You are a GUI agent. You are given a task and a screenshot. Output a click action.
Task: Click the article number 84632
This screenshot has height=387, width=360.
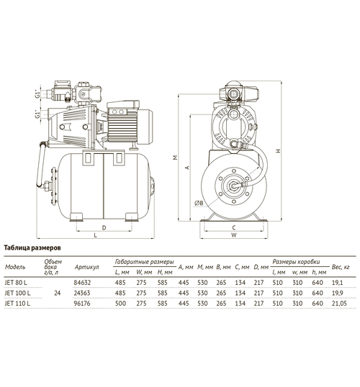pos(82,283)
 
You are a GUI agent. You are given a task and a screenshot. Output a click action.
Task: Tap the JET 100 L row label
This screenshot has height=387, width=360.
pos(17,293)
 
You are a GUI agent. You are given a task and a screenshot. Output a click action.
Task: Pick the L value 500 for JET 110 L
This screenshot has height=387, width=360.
pos(120,304)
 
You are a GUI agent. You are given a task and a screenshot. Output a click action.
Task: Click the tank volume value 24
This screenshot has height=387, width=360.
pos(58,293)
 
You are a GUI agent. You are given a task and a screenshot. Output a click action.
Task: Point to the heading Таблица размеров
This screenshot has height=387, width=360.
pos(32,247)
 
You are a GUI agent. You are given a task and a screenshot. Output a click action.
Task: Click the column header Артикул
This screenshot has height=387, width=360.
pos(86,267)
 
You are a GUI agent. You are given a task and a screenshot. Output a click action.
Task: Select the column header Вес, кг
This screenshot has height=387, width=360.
pos(341,267)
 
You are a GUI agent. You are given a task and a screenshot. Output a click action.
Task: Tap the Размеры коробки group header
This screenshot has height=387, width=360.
pos(296,262)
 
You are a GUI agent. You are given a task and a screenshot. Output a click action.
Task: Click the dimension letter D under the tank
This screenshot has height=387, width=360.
pos(104,227)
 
